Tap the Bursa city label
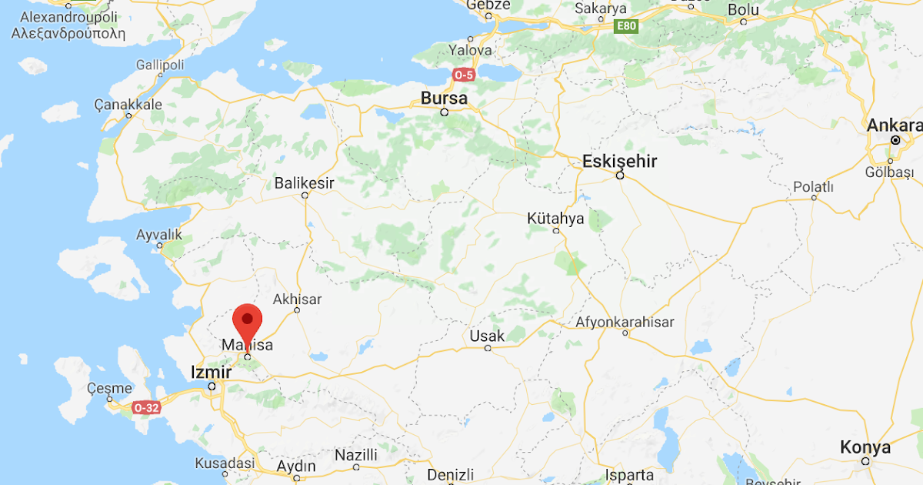444,99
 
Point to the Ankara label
895,125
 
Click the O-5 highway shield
463,75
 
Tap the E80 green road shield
627,27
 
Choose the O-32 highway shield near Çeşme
146,408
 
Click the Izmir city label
211,373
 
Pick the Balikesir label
305,183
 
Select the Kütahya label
555,219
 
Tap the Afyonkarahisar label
625,322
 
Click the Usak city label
487,336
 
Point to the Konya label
865,447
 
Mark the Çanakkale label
128,104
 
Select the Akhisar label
297,299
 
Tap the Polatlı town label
814,187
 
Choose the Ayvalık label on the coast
159,234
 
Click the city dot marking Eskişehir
619,176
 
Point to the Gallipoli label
160,65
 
